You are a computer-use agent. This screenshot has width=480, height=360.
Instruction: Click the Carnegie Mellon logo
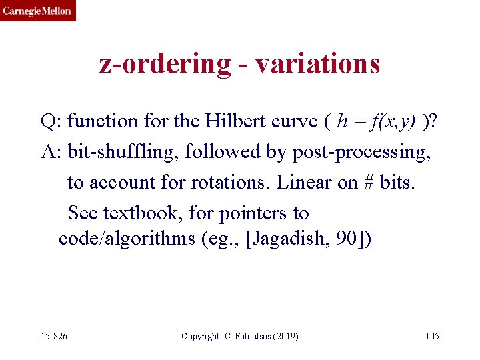(38, 11)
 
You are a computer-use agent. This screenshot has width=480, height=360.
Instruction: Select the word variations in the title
(317, 63)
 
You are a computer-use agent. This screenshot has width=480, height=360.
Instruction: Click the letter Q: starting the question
(51, 121)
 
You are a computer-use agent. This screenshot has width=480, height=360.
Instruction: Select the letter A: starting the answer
(51, 152)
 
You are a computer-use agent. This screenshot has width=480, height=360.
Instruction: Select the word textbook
(139, 213)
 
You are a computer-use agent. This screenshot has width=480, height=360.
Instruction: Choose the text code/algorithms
(127, 239)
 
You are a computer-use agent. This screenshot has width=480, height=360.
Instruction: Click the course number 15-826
(54, 335)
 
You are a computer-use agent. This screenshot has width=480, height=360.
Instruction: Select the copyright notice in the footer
(240, 335)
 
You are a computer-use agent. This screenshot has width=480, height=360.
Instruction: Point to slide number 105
(432, 335)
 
